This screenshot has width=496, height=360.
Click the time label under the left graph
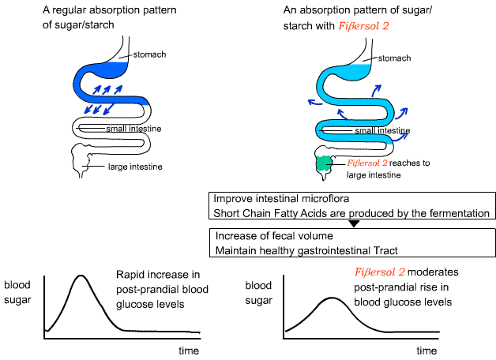point(189,350)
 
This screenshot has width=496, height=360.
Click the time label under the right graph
point(427,350)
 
